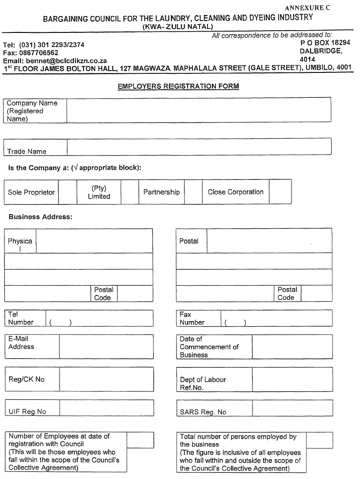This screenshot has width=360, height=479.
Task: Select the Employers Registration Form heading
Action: (178, 86)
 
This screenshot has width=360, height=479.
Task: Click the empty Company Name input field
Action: (199, 110)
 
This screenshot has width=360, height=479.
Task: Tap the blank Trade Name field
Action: (199, 146)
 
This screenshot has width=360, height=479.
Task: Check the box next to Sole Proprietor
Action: (68, 192)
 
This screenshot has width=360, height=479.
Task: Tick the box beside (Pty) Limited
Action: (130, 192)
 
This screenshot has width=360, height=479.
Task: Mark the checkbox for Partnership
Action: (193, 192)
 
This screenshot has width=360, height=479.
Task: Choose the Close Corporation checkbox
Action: (280, 192)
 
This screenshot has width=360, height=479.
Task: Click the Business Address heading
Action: (40, 217)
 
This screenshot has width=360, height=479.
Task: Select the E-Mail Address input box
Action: (106, 347)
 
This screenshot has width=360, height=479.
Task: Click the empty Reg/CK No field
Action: (106, 379)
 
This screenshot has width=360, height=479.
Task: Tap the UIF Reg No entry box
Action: (106, 407)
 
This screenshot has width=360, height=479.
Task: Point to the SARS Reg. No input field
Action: (292, 407)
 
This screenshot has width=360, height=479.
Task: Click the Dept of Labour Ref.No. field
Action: (292, 379)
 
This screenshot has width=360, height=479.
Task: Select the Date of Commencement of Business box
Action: (292, 347)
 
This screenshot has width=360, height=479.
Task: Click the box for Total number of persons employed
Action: (319, 440)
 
